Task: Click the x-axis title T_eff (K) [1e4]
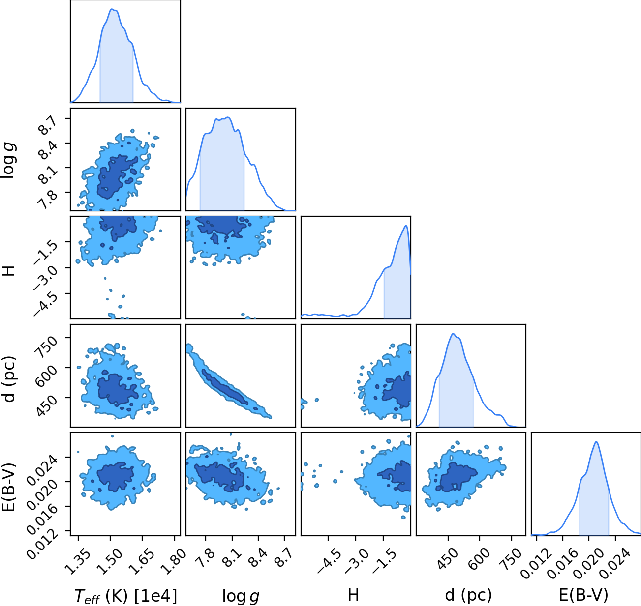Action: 126,596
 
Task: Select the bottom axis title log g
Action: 241,596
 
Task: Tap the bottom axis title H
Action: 353,595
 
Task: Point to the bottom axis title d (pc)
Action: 468,595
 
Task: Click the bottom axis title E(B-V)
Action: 583,595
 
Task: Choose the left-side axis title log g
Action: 8,160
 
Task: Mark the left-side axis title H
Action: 8,271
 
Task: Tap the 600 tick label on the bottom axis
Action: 479,559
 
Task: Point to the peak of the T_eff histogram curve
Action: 112,9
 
